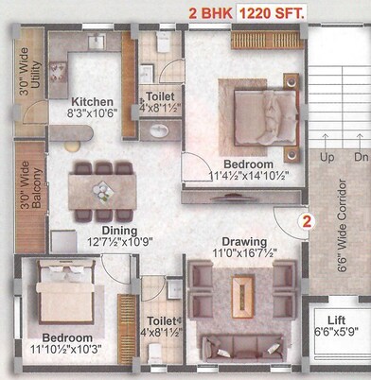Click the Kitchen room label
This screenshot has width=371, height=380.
pos(93,101)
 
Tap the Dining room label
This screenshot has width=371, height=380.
pos(119,230)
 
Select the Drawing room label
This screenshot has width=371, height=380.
pos(244,241)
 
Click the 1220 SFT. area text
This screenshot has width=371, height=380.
pos(271,13)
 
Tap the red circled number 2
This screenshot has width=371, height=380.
pos(306,223)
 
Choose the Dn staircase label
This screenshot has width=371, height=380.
pos(359,158)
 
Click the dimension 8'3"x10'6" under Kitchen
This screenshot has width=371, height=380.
pos(93,114)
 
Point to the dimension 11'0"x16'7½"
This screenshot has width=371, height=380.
pos(244,253)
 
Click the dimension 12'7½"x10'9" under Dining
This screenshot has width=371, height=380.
pos(119,242)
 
